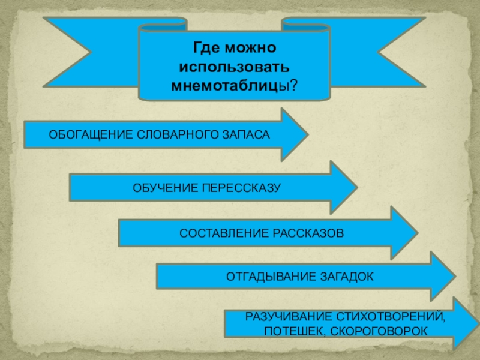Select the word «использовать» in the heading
(234, 64)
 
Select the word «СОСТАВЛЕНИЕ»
(218, 233)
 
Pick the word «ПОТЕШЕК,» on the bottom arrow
(286, 331)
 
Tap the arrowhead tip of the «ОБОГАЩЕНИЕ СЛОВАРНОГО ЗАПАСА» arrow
(308, 134)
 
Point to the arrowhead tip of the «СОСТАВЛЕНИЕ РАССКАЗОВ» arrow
(418, 233)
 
